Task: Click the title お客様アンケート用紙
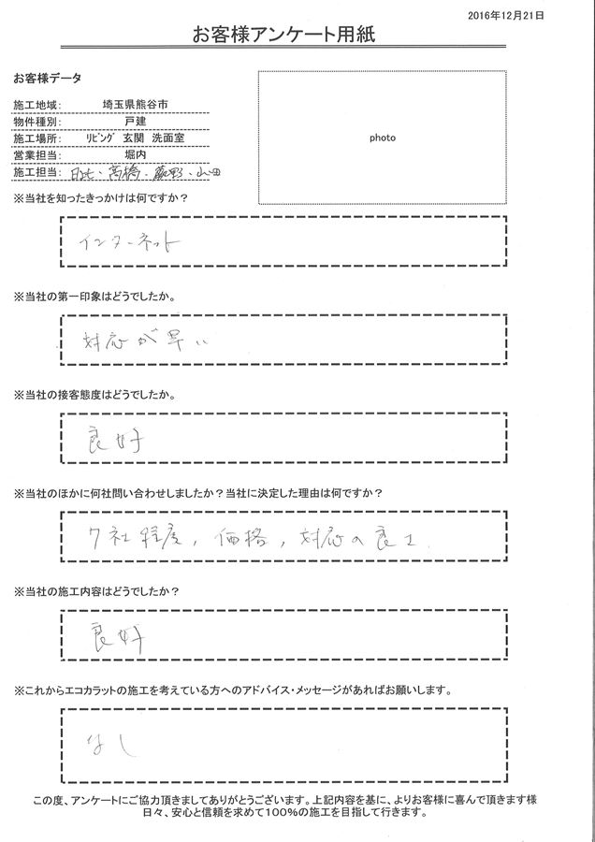pyautogui.click(x=297, y=36)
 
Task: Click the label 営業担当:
pyautogui.click(x=36, y=154)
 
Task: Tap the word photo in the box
pyautogui.click(x=382, y=138)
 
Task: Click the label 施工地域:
pyautogui.click(x=36, y=106)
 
